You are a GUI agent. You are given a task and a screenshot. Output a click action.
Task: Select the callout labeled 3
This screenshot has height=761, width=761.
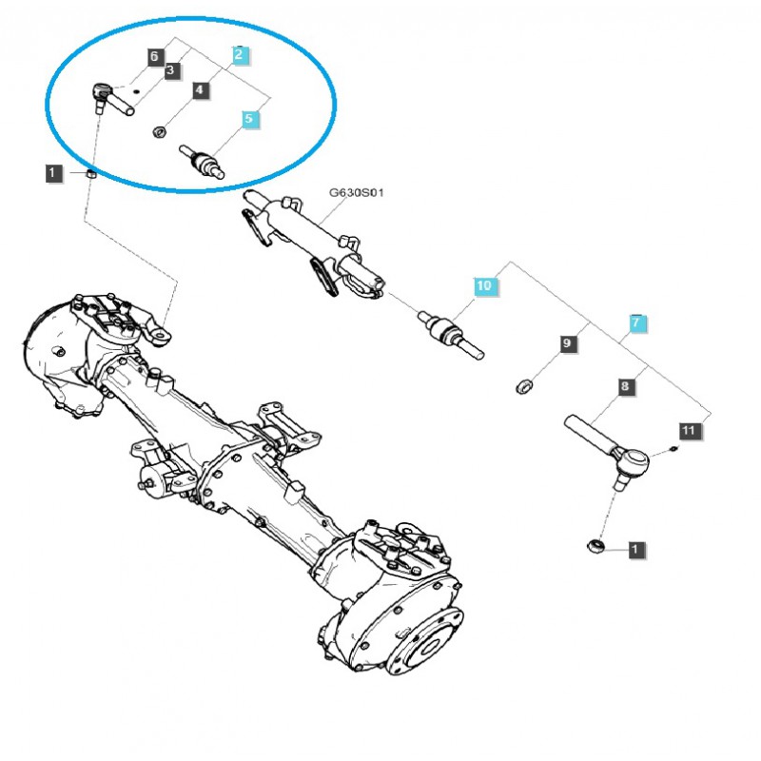click(x=170, y=70)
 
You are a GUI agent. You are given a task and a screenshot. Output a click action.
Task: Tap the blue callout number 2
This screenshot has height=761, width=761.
click(x=240, y=55)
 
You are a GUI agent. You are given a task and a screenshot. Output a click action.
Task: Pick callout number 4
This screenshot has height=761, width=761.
click(x=200, y=90)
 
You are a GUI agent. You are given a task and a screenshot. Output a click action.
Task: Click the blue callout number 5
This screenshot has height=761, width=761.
click(x=249, y=120)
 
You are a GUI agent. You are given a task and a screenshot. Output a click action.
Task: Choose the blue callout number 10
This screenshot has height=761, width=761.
click(x=484, y=284)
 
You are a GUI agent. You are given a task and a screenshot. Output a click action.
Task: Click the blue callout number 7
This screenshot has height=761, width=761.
click(x=637, y=323)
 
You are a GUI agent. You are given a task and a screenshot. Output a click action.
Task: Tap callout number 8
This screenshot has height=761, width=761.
click(x=625, y=387)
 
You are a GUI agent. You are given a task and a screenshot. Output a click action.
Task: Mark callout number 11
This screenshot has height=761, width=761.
click(x=690, y=431)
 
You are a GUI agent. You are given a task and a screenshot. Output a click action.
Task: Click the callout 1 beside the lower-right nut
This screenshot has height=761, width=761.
click(x=635, y=549)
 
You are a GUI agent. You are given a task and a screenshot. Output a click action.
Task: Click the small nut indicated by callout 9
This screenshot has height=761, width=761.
click(x=521, y=385)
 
